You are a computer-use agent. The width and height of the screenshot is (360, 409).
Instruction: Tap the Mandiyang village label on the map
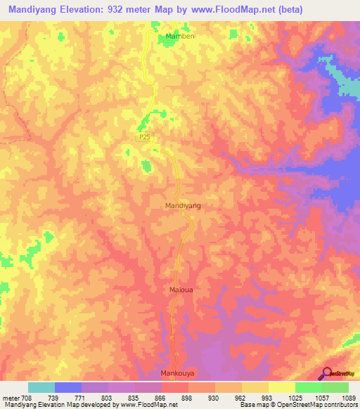coord(183,205)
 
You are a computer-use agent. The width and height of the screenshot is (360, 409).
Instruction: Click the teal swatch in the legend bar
coord(41,387)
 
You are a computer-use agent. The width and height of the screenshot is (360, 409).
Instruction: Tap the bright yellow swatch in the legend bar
coord(281,387)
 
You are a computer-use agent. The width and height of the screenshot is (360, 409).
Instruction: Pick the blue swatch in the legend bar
coord(68,387)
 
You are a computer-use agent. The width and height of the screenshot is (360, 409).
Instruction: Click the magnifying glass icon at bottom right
coord(326,374)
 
